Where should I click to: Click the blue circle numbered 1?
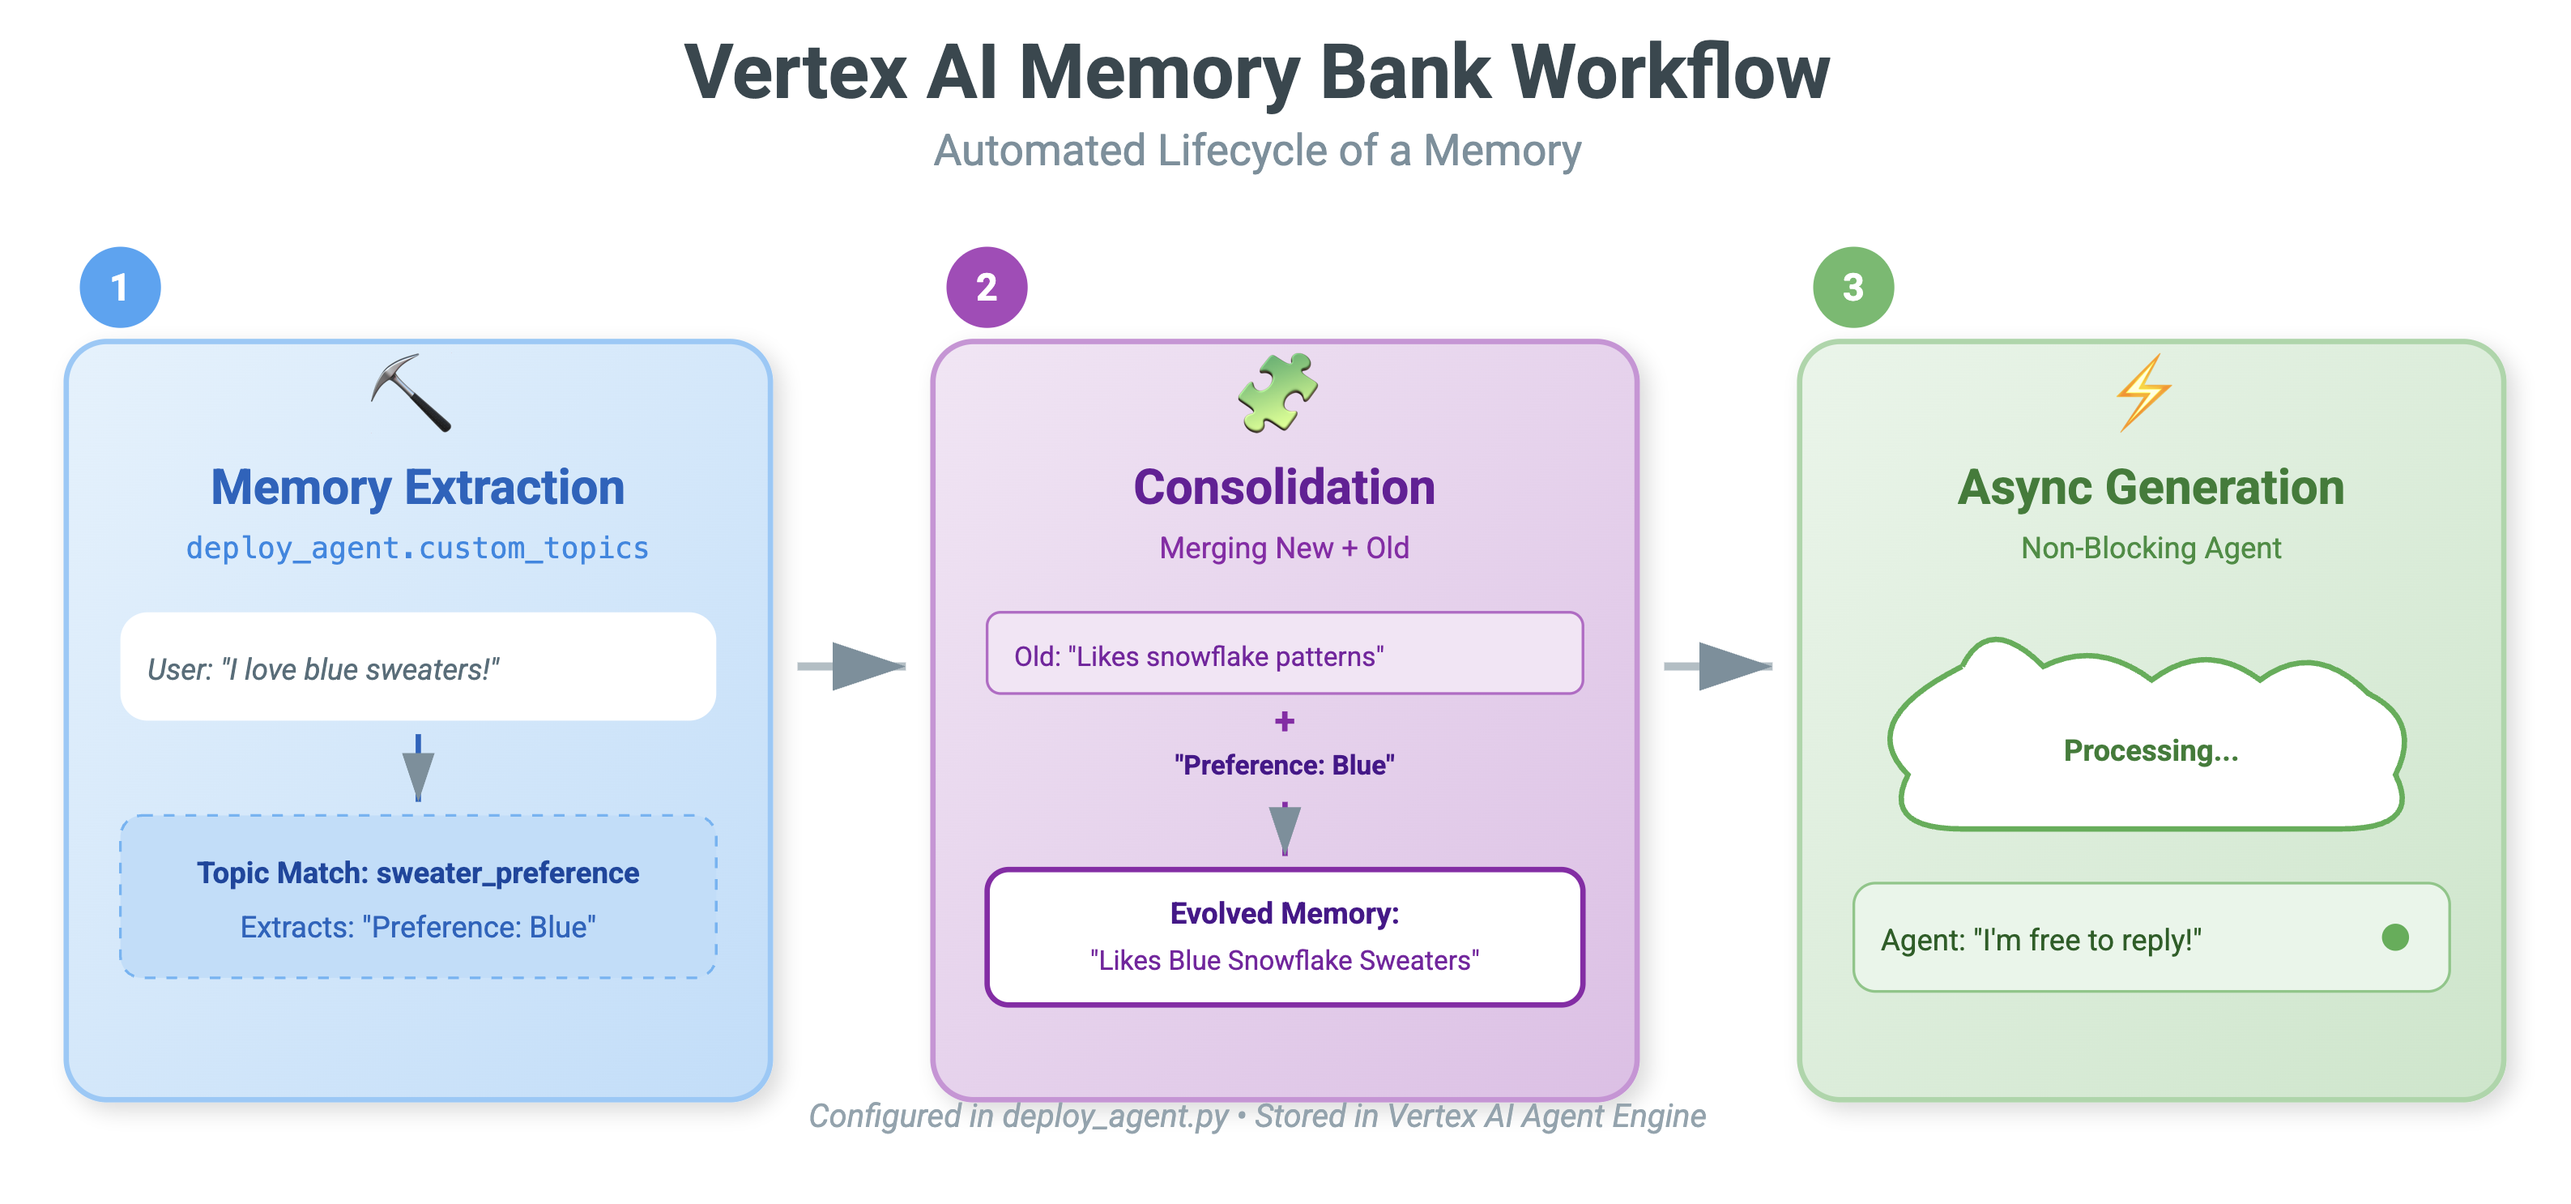point(120,288)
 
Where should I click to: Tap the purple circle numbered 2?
point(986,288)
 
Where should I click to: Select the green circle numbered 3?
point(1853,288)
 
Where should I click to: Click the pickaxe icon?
point(411,393)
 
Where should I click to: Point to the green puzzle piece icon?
point(1277,392)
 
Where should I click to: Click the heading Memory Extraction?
point(417,487)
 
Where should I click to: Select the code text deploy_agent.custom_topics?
point(417,548)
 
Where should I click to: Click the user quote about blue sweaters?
point(322,669)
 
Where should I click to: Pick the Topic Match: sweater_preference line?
point(417,873)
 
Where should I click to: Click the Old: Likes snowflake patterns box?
point(1284,654)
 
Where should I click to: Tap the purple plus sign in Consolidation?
point(1285,721)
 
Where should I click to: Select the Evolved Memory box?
point(1284,937)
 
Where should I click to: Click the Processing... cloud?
point(2150,749)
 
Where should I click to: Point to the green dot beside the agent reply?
point(2394,937)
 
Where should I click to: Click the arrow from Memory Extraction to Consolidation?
point(853,666)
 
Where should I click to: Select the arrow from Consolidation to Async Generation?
point(1719,666)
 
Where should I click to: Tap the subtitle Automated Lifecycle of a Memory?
point(1256,151)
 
